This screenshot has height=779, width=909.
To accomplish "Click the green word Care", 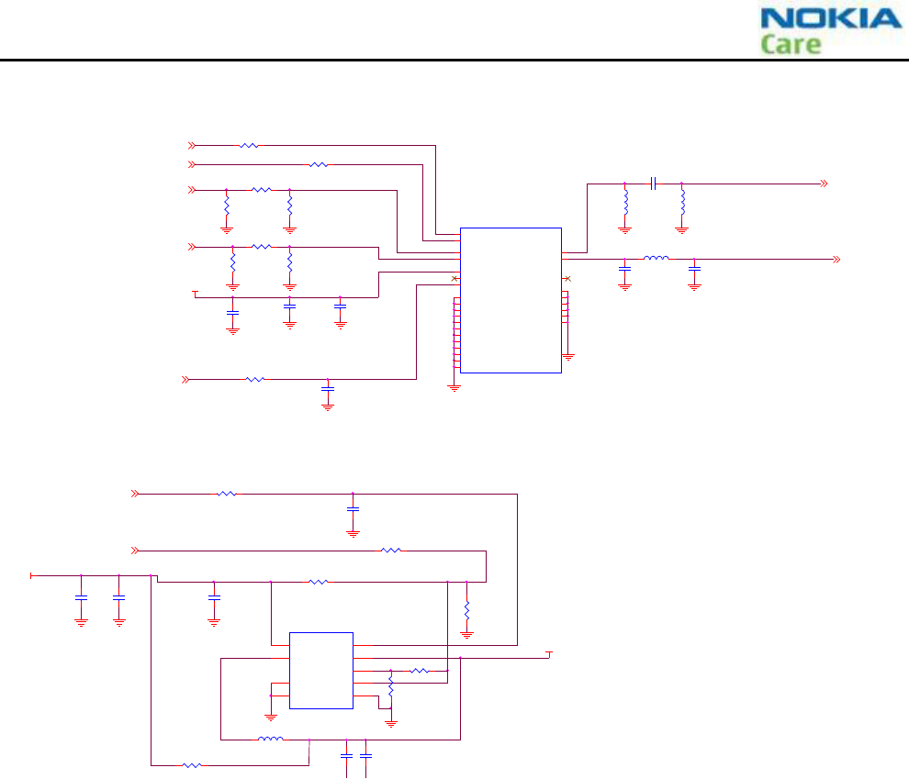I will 791,44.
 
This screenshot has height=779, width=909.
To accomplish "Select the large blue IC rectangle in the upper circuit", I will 511,300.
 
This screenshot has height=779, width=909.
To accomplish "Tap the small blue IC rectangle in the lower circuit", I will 320,670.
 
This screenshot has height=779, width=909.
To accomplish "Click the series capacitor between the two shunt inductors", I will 653,184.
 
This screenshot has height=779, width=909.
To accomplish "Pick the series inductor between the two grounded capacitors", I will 656,260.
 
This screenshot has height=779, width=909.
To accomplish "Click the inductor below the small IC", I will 270,739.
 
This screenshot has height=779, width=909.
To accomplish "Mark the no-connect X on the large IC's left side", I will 454,278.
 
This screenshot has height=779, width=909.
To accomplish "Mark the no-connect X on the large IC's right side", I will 567,278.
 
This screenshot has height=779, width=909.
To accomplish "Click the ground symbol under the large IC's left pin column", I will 454,388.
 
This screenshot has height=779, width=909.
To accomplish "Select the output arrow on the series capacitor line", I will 824,184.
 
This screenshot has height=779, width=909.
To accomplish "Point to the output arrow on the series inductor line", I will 836,260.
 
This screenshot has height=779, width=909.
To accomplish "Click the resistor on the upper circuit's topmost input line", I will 249,145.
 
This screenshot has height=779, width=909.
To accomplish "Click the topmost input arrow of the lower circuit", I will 135,494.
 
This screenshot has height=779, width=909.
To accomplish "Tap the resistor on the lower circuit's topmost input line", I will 227,494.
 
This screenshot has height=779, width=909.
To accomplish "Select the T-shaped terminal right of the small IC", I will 549,654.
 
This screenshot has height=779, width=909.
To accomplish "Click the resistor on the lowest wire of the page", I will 192,764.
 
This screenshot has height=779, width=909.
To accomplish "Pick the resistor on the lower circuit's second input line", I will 391,551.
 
